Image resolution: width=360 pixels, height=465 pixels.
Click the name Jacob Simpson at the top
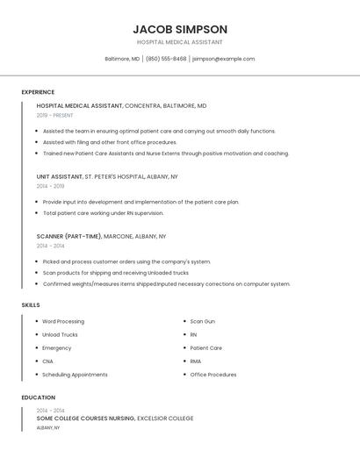[x=180, y=29]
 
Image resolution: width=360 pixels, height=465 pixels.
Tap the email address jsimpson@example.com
[x=223, y=59]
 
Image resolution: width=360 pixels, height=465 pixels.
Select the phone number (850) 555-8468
[x=166, y=59]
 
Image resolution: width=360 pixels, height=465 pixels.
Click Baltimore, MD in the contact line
[x=122, y=59]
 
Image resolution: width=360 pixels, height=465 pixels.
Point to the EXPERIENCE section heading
[x=38, y=92]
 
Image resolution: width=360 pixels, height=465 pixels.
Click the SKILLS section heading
[x=31, y=305]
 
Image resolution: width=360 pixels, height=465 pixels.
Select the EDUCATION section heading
[x=38, y=397]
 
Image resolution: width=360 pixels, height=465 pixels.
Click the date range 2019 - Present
[x=54, y=115]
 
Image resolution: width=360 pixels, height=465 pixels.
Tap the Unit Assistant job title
[x=60, y=176]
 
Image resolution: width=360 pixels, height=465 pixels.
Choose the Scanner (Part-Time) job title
[x=68, y=236]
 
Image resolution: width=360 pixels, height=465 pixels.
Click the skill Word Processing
[x=63, y=321]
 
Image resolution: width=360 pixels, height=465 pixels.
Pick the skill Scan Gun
[x=202, y=321]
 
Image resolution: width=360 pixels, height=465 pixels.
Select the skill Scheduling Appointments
[x=75, y=375]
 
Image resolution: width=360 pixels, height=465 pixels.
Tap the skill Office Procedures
[x=213, y=375]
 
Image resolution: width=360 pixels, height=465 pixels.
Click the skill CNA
[x=47, y=361]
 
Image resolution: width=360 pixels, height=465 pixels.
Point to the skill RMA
[x=195, y=361]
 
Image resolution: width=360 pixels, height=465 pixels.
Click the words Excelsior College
[x=165, y=418]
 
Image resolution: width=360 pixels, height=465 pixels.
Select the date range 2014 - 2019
[x=50, y=186]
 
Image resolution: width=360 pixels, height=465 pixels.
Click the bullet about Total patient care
[x=103, y=213]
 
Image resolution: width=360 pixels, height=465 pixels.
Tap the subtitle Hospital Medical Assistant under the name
[x=180, y=42]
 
